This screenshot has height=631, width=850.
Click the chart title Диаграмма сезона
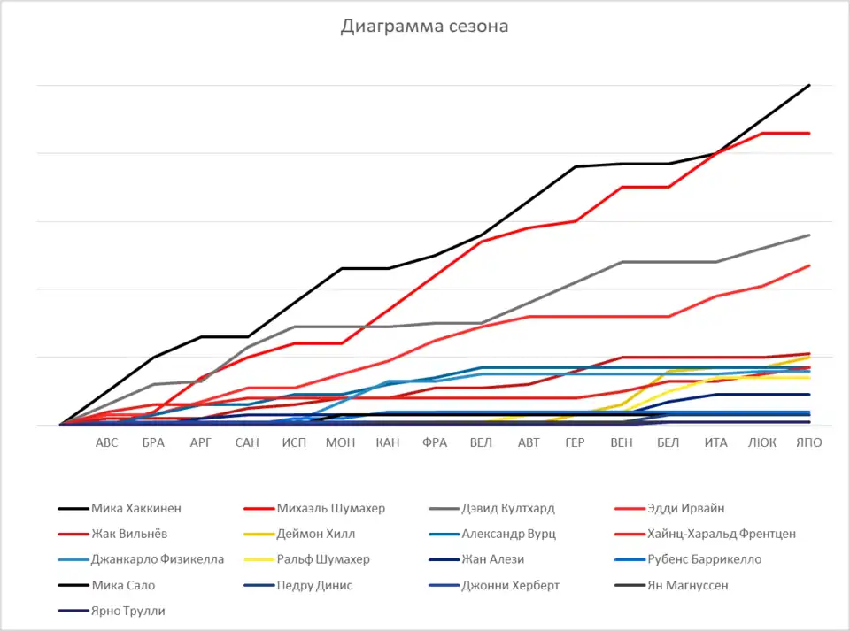pyautogui.click(x=425, y=27)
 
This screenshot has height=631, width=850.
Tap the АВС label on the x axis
pyautogui.click(x=106, y=442)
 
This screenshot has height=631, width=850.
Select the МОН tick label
pyautogui.click(x=341, y=442)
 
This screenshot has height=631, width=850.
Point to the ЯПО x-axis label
pyautogui.click(x=809, y=442)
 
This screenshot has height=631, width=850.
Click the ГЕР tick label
pyautogui.click(x=576, y=442)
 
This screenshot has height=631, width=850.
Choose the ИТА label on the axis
pyautogui.click(x=715, y=442)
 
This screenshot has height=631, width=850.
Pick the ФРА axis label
pyautogui.click(x=435, y=442)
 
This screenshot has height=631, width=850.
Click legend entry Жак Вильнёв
pyautogui.click(x=129, y=534)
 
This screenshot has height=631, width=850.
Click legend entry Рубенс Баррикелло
pyautogui.click(x=699, y=559)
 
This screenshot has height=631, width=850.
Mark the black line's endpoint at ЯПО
pyautogui.click(x=809, y=85)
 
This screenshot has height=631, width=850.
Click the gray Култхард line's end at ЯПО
pyautogui.click(x=809, y=235)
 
